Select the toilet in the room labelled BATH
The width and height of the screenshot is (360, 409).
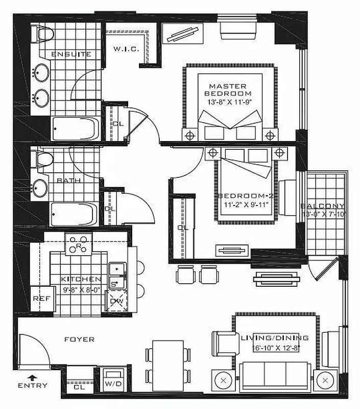pyautogui.click(x=43, y=160)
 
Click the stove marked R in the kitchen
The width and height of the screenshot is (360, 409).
pyautogui.click(x=78, y=245)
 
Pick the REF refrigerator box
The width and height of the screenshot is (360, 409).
pyautogui.click(x=40, y=299)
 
